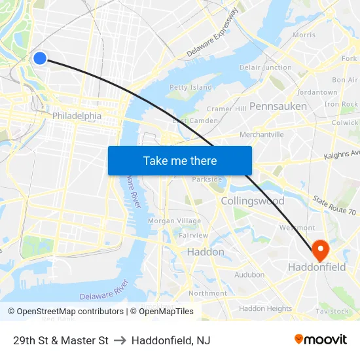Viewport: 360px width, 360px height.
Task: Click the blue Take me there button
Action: pyautogui.click(x=179, y=160)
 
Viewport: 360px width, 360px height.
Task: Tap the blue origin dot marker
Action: pyautogui.click(x=40, y=58)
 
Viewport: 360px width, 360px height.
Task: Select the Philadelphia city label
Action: pyautogui.click(x=77, y=116)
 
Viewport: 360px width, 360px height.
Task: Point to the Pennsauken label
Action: pyautogui.click(x=278, y=105)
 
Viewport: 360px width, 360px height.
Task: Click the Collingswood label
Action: pyautogui.click(x=252, y=201)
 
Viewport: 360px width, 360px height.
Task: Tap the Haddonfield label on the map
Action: pyautogui.click(x=317, y=268)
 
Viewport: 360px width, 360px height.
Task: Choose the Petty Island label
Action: pyautogui.click(x=190, y=87)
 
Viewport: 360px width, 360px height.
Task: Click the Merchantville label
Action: pyautogui.click(x=262, y=134)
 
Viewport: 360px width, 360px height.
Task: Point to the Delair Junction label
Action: pyautogui.click(x=266, y=67)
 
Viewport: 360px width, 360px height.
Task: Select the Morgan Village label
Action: pyautogui.click(x=175, y=221)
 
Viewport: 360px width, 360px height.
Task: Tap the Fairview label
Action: pyautogui.click(x=193, y=235)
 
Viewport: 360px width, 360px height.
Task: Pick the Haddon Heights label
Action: pyautogui.click(x=265, y=308)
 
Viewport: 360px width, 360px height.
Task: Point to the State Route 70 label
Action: pyautogui.click(x=334, y=206)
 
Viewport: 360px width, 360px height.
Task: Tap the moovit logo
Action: pyautogui.click(x=320, y=340)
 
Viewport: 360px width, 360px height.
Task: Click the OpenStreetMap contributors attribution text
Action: pyautogui.click(x=65, y=312)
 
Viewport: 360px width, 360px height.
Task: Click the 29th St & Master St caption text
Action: pyautogui.click(x=60, y=340)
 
